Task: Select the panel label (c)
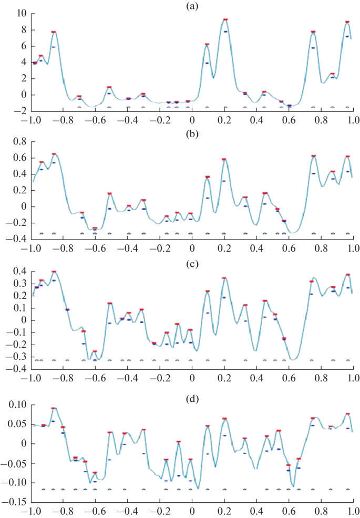191,263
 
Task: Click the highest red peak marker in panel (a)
225,19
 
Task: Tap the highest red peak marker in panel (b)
54,154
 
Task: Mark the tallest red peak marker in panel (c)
54,272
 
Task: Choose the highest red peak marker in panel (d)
54,408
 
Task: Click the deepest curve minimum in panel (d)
198,489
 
